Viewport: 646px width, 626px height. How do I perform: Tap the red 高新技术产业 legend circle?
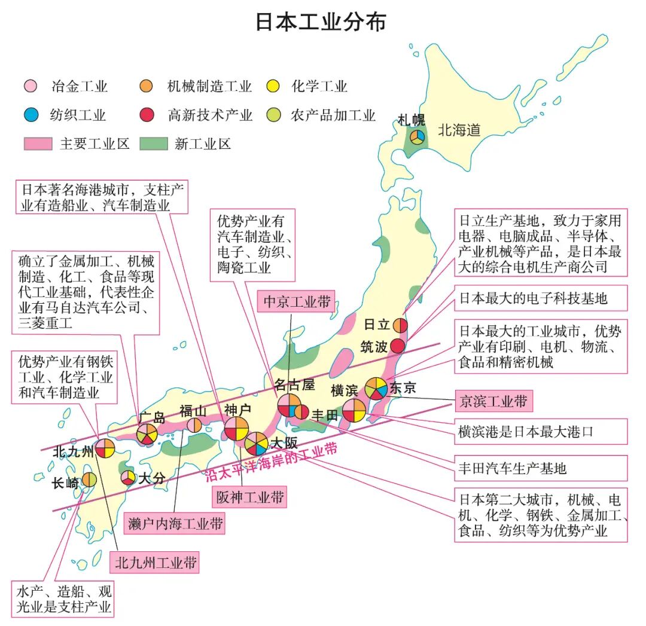147,115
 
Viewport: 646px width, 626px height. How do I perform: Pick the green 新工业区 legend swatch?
153,144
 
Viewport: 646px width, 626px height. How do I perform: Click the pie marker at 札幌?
417,137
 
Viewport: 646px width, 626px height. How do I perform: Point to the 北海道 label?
459,130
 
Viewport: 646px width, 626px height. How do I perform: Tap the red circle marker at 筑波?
399,346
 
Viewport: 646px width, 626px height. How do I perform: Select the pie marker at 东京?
376,388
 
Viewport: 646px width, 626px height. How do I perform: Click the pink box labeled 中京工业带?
297,302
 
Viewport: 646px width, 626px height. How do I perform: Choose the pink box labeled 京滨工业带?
493,401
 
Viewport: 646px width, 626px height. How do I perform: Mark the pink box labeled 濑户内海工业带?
175,524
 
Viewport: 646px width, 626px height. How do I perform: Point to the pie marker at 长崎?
89,480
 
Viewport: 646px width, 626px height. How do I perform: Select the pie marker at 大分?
128,478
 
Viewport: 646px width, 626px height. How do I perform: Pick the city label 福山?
193,411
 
